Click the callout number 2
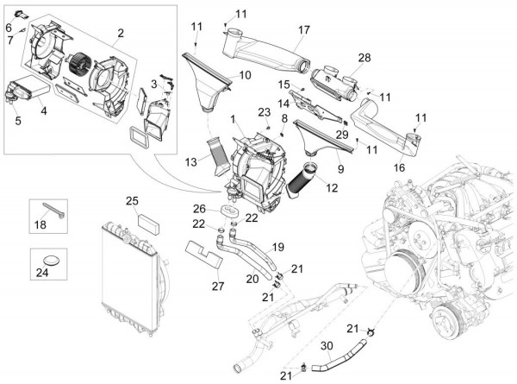[x=121, y=34]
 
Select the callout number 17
[x=303, y=29]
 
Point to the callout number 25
[x=132, y=201]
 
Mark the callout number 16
[x=399, y=167]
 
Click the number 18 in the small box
[x=40, y=225]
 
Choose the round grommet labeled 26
[x=228, y=213]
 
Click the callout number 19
[x=277, y=247]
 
